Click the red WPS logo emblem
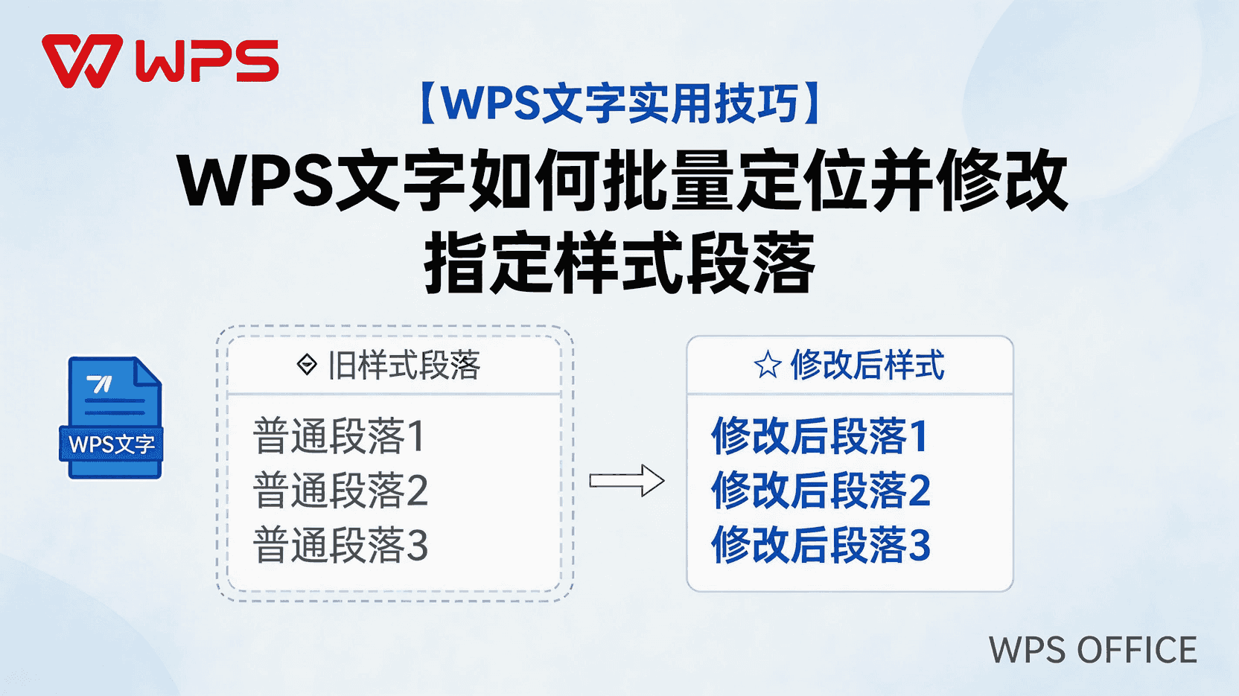coord(81,61)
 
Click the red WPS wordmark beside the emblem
coord(207,61)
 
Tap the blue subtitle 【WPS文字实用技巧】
coord(619,103)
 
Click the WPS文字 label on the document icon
coord(112,444)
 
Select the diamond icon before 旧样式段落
coord(307,365)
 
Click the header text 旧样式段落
coord(404,365)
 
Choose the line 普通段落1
coord(339,436)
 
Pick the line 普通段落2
coord(340,491)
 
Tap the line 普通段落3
coord(340,546)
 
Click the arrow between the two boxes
coord(626,481)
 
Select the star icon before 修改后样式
coord(767,365)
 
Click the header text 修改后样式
coord(867,365)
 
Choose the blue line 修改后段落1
coord(820,436)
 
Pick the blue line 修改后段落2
coord(821,491)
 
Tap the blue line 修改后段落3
coord(821,546)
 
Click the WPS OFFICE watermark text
coord(1092,651)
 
